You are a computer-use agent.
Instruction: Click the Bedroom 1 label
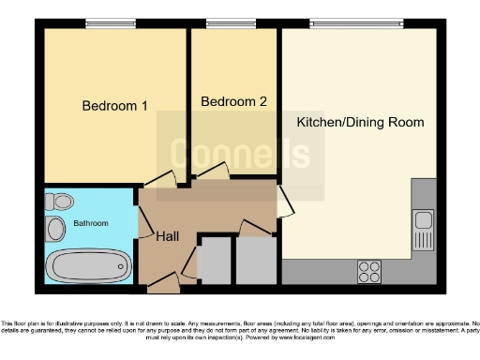click(115, 106)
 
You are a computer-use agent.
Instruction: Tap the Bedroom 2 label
click(233, 101)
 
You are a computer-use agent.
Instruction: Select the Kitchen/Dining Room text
click(360, 123)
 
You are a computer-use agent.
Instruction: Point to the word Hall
click(168, 235)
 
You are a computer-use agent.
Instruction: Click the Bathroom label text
click(91, 223)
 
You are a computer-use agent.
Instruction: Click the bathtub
click(87, 265)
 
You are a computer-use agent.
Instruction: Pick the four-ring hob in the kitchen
click(369, 271)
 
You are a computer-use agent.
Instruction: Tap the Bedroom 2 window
click(225, 23)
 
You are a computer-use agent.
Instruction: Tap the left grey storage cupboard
click(213, 262)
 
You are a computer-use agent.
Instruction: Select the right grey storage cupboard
click(254, 262)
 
